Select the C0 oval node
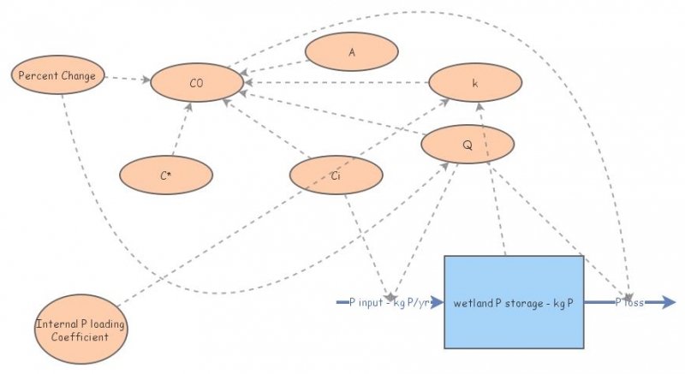pyautogui.click(x=197, y=82)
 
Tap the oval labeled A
pyautogui.click(x=351, y=52)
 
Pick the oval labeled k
pyautogui.click(x=474, y=83)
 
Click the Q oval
pyautogui.click(x=468, y=145)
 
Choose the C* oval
pyautogui.click(x=165, y=175)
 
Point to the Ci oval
pyautogui.click(x=336, y=175)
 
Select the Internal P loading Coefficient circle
pyautogui.click(x=82, y=329)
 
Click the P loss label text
pyautogui.click(x=629, y=303)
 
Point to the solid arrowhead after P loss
pyautogui.click(x=668, y=302)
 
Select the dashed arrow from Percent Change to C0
pyautogui.click(x=128, y=79)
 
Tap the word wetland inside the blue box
pyautogui.click(x=473, y=303)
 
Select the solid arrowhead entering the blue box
pyautogui.click(x=438, y=302)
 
